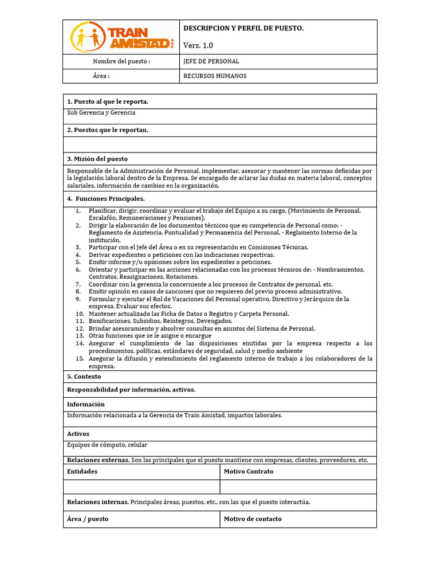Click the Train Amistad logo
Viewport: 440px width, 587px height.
121,37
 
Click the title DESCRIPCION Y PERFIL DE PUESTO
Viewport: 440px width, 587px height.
243,28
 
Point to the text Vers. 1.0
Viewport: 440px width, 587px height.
198,45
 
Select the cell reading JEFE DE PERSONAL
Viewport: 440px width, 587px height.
211,61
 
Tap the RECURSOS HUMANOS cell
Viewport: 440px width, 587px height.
215,76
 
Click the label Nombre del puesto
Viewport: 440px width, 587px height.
121,61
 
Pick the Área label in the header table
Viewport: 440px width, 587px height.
101,76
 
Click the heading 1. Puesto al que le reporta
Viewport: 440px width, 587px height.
108,101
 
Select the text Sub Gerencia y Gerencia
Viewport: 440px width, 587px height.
101,113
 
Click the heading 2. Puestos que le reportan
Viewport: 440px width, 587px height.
108,130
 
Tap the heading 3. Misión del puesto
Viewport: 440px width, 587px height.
97,159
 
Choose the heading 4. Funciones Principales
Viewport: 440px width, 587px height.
106,199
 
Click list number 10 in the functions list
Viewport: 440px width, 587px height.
80,314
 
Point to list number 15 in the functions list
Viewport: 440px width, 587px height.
80,358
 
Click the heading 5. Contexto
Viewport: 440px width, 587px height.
84,377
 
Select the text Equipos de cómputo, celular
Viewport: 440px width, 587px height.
107,445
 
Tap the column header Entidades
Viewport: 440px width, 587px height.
82,471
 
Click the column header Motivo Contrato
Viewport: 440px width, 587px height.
249,471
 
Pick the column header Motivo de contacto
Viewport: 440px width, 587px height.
253,519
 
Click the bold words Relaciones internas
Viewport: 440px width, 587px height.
98,502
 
